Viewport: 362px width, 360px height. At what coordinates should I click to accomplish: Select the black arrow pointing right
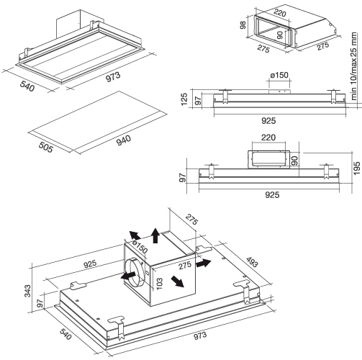[x=204, y=264]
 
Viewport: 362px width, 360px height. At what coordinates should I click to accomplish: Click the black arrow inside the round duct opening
[x=127, y=276]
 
